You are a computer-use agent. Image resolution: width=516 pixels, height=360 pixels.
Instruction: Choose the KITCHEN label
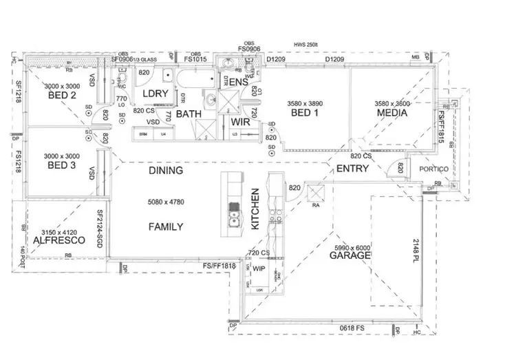click(255, 208)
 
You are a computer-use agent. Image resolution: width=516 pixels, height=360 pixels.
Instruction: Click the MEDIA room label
click(391, 114)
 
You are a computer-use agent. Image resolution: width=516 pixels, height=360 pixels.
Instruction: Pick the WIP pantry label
click(259, 268)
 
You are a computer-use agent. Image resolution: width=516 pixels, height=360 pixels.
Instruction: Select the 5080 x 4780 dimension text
click(166, 202)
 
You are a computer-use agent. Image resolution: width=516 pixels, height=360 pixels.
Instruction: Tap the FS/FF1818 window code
click(219, 266)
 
